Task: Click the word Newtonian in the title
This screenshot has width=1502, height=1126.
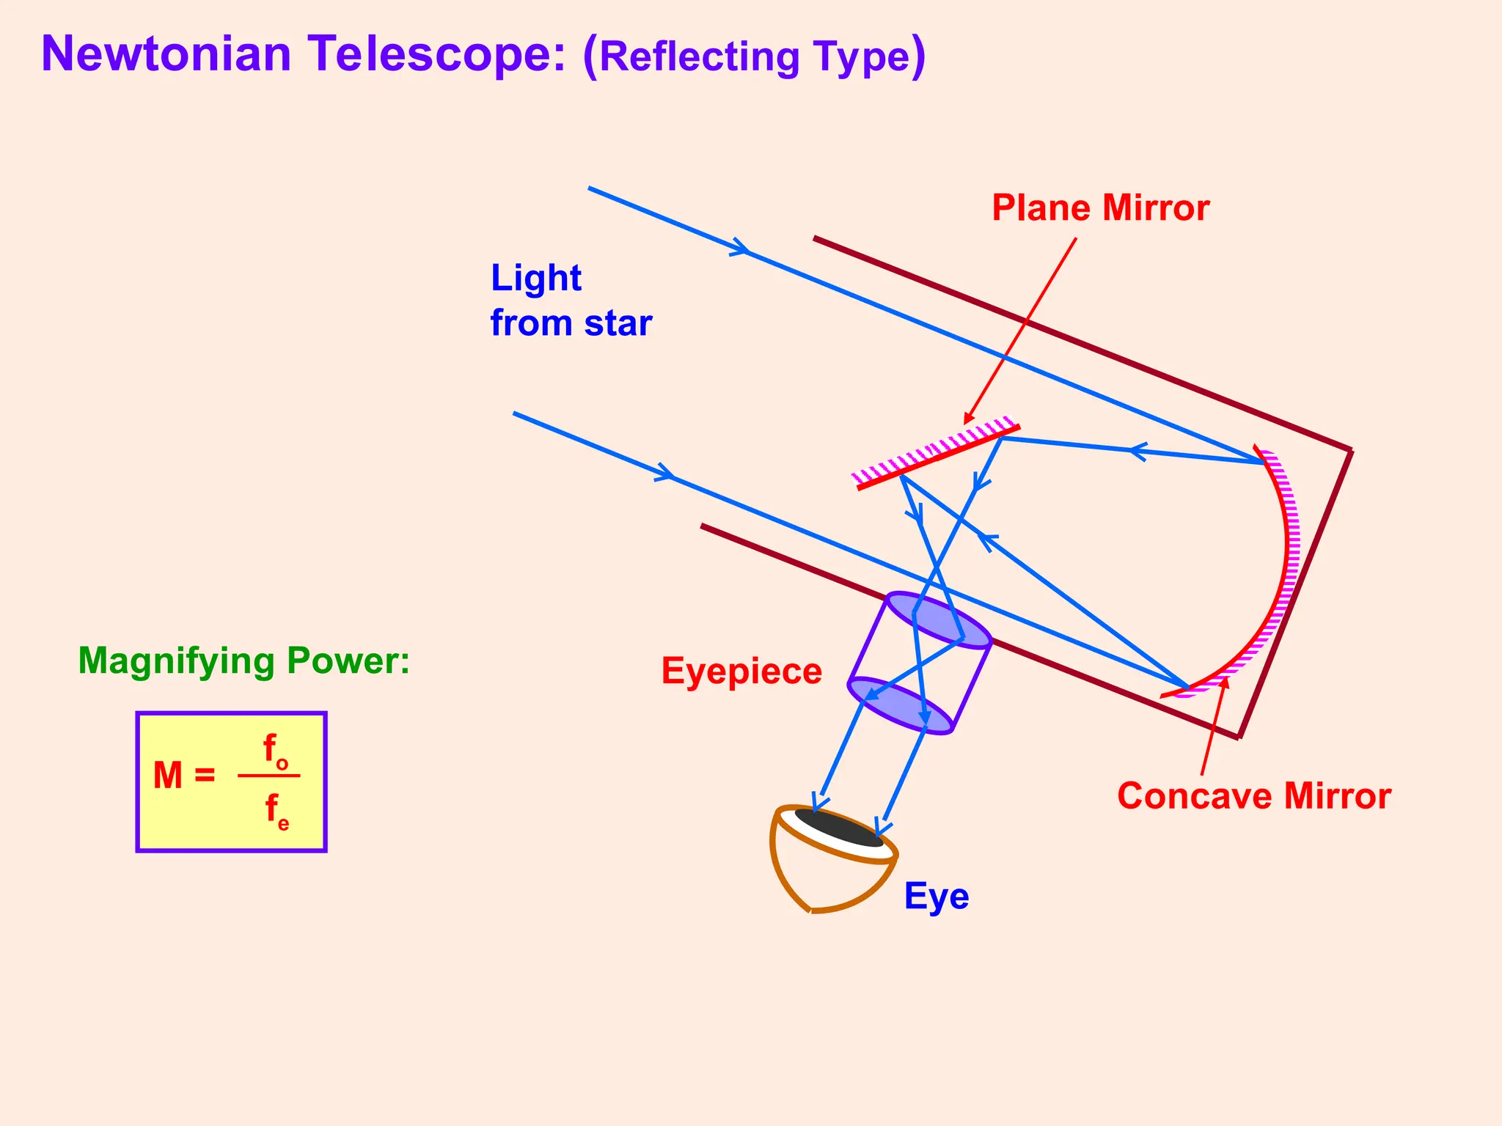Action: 166,54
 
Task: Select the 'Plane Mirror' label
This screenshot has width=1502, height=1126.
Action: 1100,208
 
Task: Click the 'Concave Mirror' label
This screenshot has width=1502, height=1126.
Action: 1253,796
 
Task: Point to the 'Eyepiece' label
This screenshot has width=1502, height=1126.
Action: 741,671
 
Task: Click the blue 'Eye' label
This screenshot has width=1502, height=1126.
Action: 936,896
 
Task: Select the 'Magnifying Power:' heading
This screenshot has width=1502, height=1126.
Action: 243,660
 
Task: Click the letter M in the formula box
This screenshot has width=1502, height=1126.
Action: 168,776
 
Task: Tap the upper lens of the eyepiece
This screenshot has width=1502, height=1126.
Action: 939,620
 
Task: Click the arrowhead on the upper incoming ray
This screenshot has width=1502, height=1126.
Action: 741,249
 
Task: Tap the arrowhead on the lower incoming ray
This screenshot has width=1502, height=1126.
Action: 665,474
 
